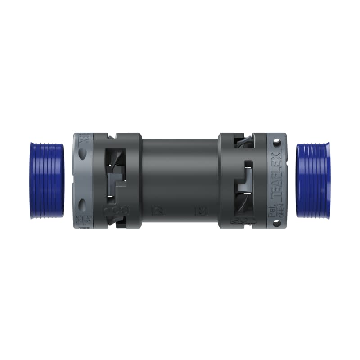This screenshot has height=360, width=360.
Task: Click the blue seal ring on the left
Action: pos(47,180)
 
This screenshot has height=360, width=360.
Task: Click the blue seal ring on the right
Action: pos(313,180)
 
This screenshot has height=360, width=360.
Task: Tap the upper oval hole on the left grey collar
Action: pos(82,154)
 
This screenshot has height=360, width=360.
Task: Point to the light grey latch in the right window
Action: pos(245,180)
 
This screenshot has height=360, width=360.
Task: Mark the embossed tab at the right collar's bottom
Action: pos(243,220)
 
